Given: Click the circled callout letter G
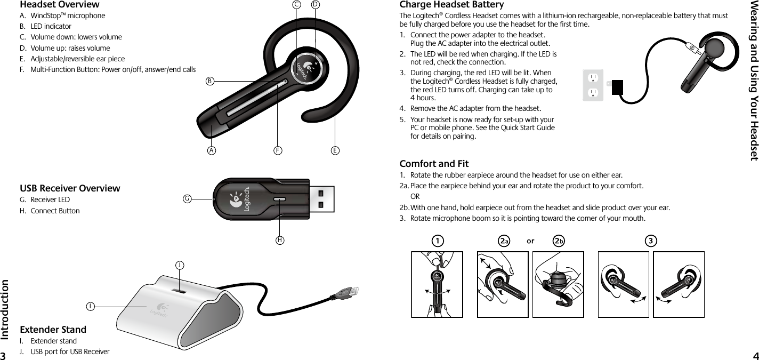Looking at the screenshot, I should pos(187,199).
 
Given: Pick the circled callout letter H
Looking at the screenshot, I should pos(279,240).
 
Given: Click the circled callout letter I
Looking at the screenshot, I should pos(92,307).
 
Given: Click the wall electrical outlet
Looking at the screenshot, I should pos(594,85).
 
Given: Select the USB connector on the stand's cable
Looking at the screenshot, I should pos(349,293).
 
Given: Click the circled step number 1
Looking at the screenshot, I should pos(437,241).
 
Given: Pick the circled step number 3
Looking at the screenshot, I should pos(650,241).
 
